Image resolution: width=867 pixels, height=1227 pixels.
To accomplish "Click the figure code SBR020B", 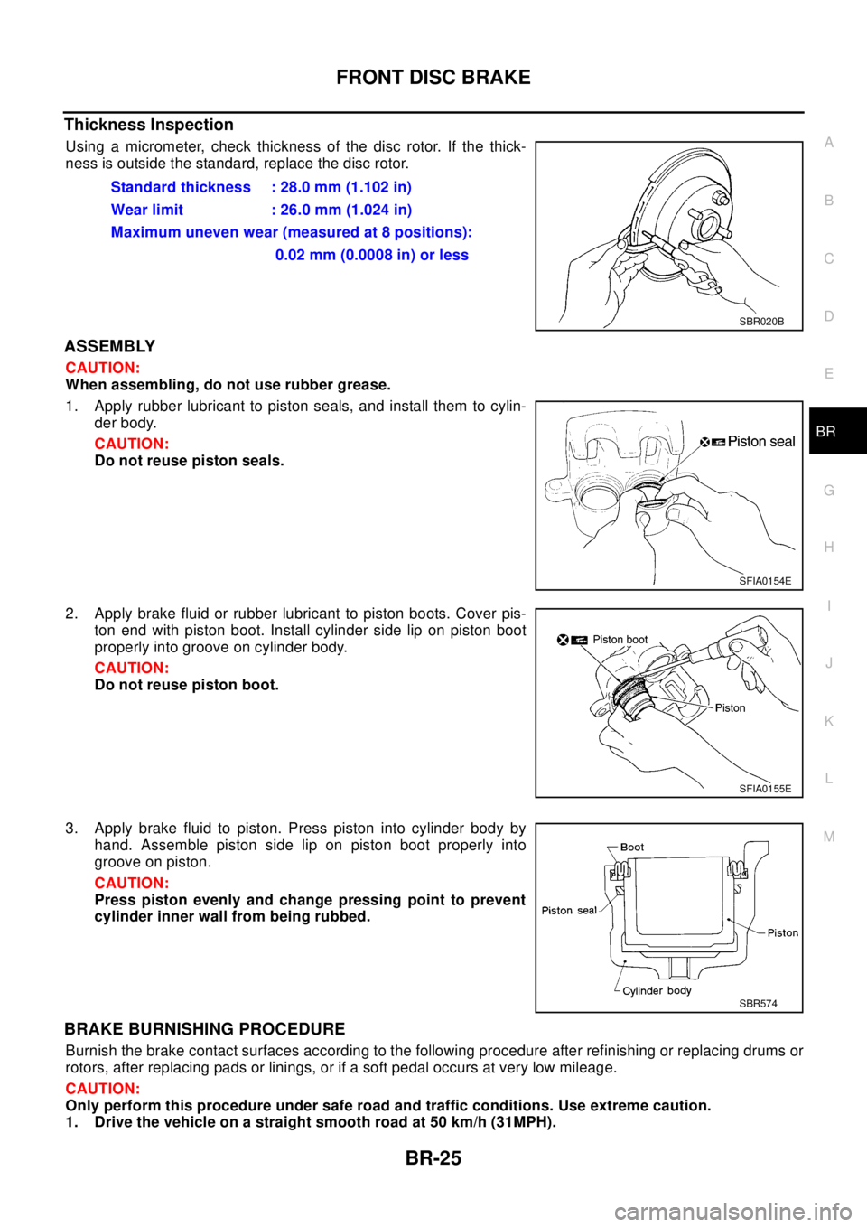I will click(x=760, y=321).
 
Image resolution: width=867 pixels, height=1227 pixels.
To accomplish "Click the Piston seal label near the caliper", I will click(x=760, y=442).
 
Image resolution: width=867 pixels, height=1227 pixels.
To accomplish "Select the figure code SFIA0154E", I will click(x=764, y=581).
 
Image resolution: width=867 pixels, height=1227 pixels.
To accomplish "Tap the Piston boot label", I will click(x=620, y=640).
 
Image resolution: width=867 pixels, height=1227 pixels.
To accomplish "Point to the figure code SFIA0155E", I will click(x=764, y=789).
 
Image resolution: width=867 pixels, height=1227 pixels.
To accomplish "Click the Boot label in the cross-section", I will click(x=632, y=848).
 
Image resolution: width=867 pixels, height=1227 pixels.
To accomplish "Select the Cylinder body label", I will click(x=657, y=991).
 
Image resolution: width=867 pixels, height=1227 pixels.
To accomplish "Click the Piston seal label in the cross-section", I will click(x=569, y=911).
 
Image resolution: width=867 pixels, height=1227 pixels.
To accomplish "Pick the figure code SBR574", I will click(x=758, y=1003).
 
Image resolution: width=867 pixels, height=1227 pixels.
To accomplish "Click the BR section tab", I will click(x=825, y=432).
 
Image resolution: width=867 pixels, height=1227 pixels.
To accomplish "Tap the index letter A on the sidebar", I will click(x=829, y=143).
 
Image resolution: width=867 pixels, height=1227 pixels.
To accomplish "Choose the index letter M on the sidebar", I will click(x=829, y=837).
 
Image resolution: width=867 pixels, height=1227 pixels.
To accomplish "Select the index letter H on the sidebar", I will click(x=829, y=548).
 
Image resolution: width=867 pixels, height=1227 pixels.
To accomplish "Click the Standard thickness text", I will click(x=181, y=187).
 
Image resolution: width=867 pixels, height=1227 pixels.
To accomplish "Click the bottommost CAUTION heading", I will click(x=103, y=1089).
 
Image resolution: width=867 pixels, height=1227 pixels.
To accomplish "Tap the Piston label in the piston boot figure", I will click(x=730, y=708).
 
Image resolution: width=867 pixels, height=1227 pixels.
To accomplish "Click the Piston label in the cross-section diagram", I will click(x=782, y=933).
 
